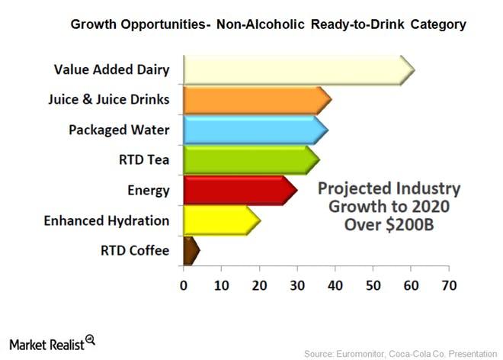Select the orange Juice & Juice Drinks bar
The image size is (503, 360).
point(255,99)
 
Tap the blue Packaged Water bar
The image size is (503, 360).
point(254,130)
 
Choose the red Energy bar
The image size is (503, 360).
point(238,190)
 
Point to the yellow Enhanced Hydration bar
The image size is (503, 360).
point(219,220)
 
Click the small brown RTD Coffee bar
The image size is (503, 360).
point(190,250)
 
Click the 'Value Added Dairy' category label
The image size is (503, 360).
point(111,69)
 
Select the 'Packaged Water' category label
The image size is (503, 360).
point(119,130)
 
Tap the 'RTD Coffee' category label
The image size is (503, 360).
point(135,250)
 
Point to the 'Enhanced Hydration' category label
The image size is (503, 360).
point(106,220)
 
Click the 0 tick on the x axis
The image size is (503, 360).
point(184,286)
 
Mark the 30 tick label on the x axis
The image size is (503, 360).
point(296,286)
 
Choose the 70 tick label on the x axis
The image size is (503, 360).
point(448,286)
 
